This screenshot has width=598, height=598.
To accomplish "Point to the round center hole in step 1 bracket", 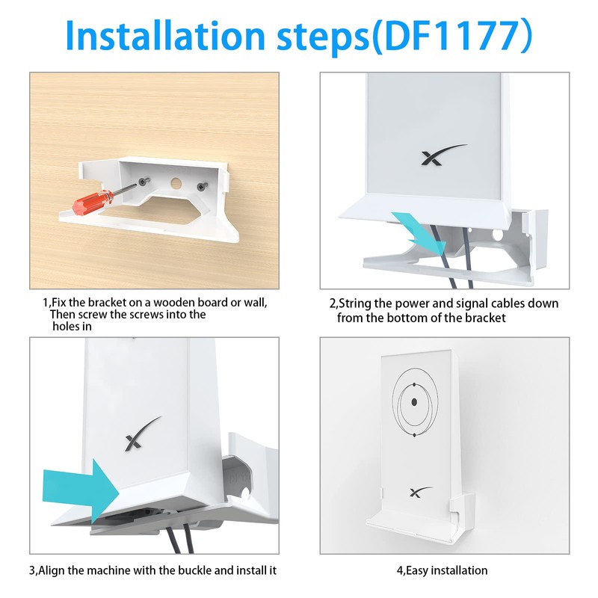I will (177, 183).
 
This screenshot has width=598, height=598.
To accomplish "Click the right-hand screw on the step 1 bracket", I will (200, 186).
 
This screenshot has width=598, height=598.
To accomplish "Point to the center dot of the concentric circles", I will (413, 402).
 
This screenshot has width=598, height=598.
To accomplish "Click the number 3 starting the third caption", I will (33, 570).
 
